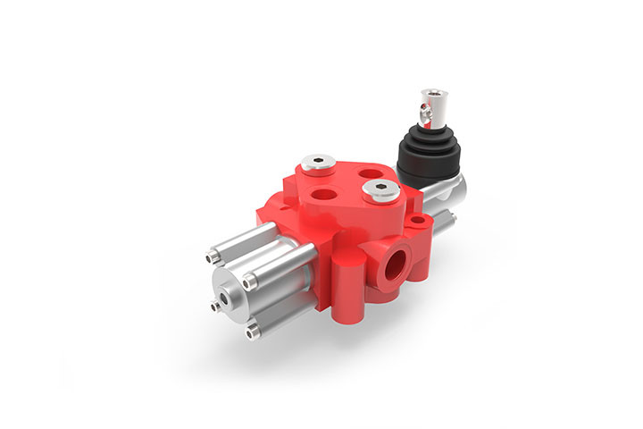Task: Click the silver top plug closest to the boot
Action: click(x=380, y=189)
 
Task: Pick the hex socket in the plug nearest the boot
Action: click(x=380, y=189)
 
